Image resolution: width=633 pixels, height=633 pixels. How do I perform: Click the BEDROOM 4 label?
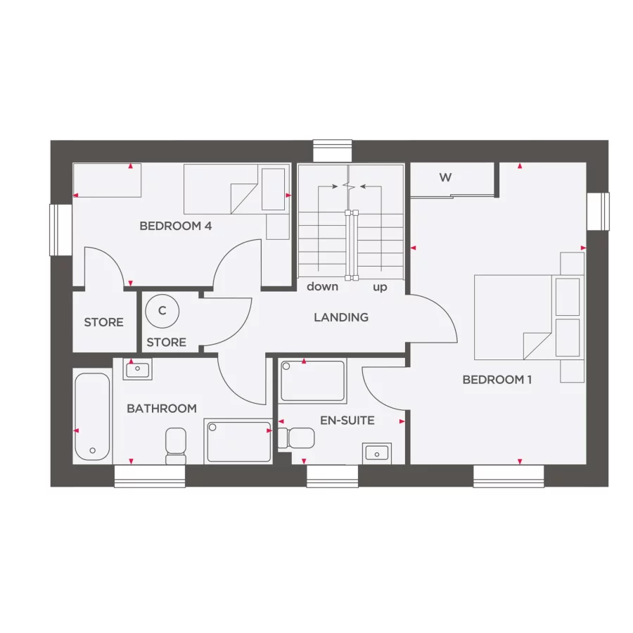click(x=175, y=226)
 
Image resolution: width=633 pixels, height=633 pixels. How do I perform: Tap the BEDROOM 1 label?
click(x=497, y=380)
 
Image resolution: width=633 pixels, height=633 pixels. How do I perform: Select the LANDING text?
click(x=341, y=317)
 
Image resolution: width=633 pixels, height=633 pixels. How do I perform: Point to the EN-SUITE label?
click(x=347, y=421)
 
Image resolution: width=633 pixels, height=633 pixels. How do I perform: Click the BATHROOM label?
click(x=161, y=409)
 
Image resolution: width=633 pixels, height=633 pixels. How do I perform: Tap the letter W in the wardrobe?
click(x=445, y=178)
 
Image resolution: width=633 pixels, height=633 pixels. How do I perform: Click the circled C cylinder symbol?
click(x=162, y=311)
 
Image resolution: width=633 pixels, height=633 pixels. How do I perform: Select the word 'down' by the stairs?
click(x=322, y=287)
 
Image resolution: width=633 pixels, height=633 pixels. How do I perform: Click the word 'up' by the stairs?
click(x=380, y=287)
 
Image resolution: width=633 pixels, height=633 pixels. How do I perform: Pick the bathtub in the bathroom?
click(x=92, y=416)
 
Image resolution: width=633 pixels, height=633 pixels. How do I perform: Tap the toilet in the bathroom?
click(x=175, y=446)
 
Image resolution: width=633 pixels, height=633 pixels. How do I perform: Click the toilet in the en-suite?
click(x=295, y=437)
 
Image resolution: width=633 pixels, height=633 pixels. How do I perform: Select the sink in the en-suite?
click(x=376, y=452)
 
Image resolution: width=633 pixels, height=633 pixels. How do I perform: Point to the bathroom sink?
click(x=137, y=369)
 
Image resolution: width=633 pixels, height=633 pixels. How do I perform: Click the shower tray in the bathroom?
click(x=239, y=441)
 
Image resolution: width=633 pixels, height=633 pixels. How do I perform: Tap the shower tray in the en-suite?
click(x=312, y=381)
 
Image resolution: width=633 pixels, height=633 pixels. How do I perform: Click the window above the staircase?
click(x=332, y=151)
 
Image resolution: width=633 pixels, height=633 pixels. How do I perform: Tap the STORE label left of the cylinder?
click(x=103, y=323)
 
